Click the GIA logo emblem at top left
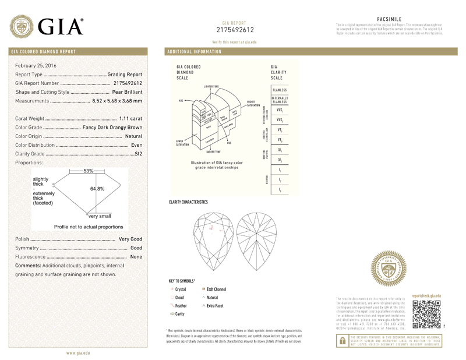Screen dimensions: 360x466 (22, 26)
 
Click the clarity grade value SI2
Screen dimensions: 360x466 (138, 154)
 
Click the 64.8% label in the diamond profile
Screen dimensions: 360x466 (97, 189)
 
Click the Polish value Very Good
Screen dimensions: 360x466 (130, 239)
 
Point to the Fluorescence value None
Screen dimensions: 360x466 (136, 256)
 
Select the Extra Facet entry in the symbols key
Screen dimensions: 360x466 (213, 305)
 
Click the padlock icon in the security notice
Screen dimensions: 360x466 (342, 343)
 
